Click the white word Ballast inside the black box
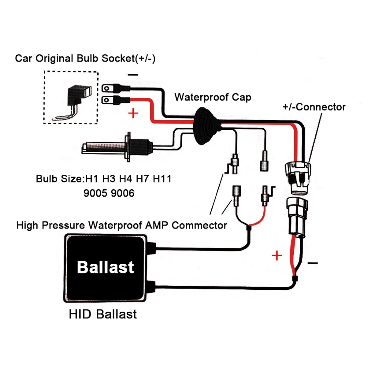point(105,267)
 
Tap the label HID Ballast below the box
point(103,314)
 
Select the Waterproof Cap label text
point(213,97)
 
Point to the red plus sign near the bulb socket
point(133,113)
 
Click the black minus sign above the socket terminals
point(133,75)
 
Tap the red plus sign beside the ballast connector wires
point(277,256)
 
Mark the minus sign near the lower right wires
point(312,263)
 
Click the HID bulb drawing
point(117,147)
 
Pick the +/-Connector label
point(314,107)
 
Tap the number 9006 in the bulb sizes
point(122,193)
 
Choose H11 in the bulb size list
point(162,179)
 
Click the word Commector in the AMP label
point(199,225)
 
